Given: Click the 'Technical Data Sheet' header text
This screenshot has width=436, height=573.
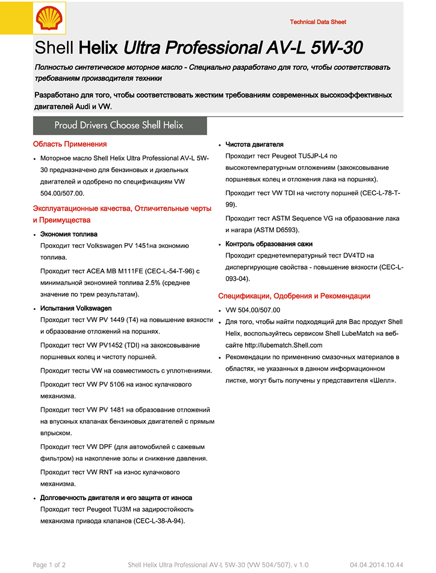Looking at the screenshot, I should click(318, 22).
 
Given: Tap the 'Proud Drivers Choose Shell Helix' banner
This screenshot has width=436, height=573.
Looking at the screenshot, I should click(119, 126).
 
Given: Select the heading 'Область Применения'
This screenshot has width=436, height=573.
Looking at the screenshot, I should click(70, 144).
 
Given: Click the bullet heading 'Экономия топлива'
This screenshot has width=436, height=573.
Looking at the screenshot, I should click(69, 234).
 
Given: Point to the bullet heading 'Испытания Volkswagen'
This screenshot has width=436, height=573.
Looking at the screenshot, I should click(76, 308).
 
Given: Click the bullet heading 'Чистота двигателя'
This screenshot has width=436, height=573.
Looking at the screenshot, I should click(254, 144).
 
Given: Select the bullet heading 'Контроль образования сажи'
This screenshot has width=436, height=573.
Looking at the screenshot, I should click(269, 244).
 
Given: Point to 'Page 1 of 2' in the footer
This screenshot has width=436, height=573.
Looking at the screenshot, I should click(49, 565).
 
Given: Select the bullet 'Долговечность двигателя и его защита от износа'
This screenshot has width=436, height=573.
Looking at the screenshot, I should click(116, 498).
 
